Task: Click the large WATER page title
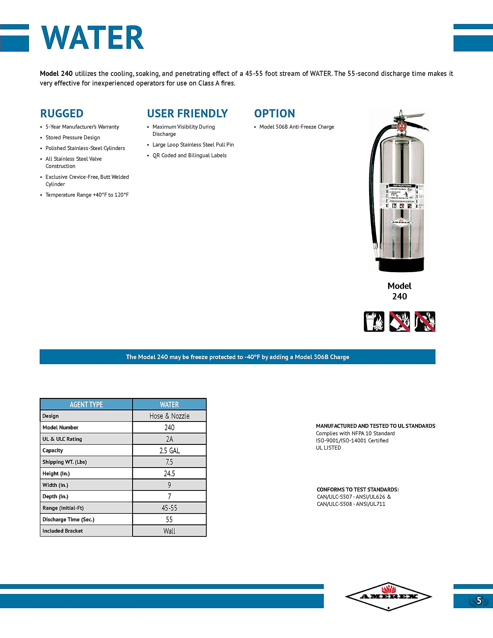click(x=92, y=38)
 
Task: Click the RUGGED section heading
click(x=62, y=113)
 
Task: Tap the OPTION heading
click(x=274, y=113)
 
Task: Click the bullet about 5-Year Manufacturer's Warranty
click(x=82, y=127)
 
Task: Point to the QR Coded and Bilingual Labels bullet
click(x=189, y=156)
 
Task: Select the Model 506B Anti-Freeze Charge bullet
click(x=296, y=127)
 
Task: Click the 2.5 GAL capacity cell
click(x=169, y=450)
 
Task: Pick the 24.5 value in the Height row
click(x=169, y=473)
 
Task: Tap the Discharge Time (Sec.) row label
click(x=68, y=519)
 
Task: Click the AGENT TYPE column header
click(x=86, y=404)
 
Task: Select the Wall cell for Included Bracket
click(x=169, y=531)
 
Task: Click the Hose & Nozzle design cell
click(x=169, y=416)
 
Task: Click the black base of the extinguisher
click(x=401, y=265)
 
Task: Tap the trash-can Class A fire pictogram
click(x=374, y=322)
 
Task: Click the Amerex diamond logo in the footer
click(x=388, y=597)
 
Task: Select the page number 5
click(x=479, y=601)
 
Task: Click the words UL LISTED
click(x=328, y=448)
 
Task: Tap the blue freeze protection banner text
click(x=237, y=357)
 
